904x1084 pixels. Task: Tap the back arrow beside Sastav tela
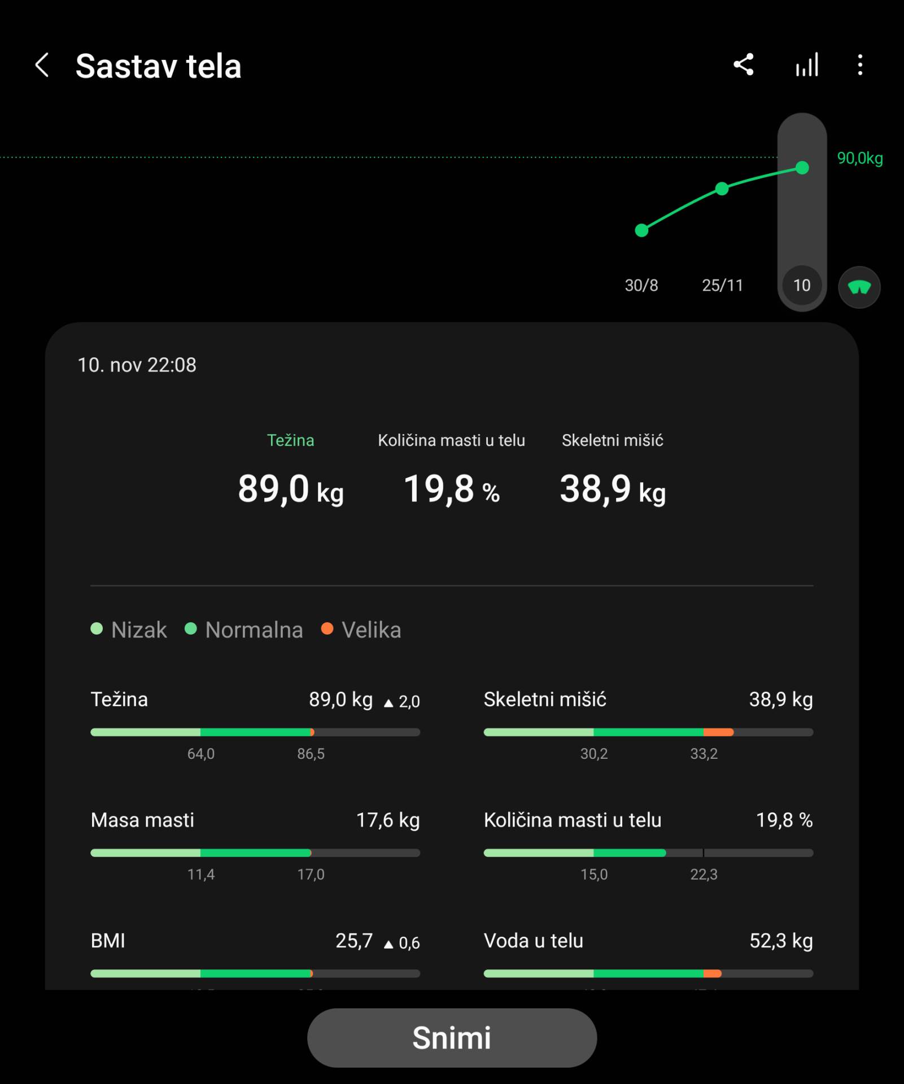click(x=42, y=65)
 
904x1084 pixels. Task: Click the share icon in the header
click(x=743, y=65)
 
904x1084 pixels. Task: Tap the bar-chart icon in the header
click(x=807, y=65)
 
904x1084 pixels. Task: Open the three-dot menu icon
click(x=860, y=65)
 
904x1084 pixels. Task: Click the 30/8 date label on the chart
click(x=641, y=286)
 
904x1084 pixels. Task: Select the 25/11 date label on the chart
click(x=722, y=286)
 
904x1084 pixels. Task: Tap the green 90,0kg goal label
click(x=859, y=159)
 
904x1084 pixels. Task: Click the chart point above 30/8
click(x=641, y=230)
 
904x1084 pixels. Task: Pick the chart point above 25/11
click(x=722, y=189)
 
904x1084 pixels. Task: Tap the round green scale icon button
click(x=859, y=287)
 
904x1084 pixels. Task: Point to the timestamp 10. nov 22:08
click(x=137, y=365)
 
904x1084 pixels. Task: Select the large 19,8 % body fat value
click(x=451, y=489)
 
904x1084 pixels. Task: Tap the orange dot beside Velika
click(x=327, y=629)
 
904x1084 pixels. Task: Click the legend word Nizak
click(x=139, y=630)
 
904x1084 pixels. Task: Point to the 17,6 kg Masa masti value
click(x=387, y=820)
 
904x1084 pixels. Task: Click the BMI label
click(x=108, y=941)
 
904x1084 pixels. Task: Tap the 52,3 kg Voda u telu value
click(x=780, y=941)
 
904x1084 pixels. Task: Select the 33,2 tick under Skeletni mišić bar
click(x=704, y=754)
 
